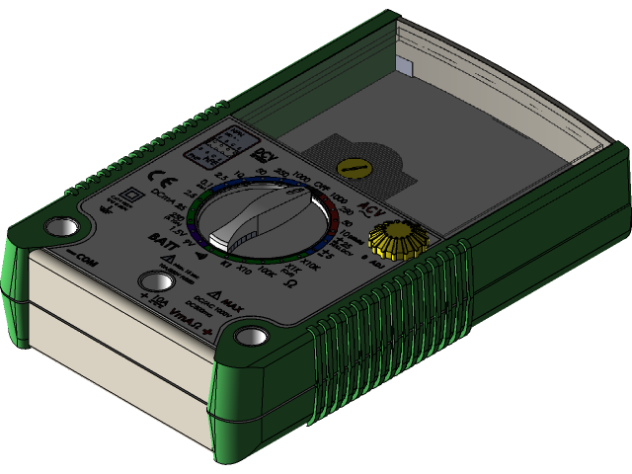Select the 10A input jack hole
point(152,281)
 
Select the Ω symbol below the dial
point(292,284)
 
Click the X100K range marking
point(266,271)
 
